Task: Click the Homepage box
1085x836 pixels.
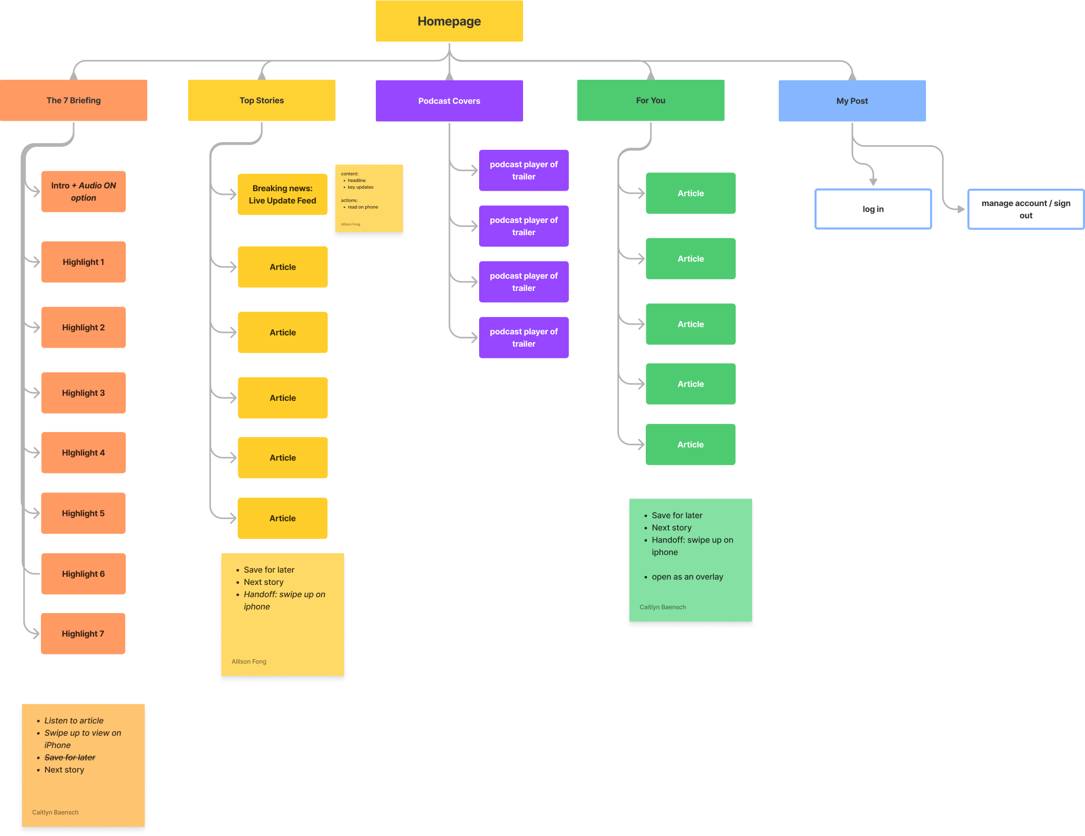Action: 449,21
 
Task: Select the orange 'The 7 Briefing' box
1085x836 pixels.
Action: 74,100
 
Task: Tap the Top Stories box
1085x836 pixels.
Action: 261,100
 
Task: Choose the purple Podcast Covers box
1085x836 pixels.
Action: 449,101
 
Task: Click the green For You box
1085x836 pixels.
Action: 650,100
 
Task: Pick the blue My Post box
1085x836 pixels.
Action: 852,101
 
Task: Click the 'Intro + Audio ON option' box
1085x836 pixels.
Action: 83,191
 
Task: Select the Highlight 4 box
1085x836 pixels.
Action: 83,453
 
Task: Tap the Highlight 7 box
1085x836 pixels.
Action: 83,634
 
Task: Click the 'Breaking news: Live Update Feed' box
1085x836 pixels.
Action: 282,194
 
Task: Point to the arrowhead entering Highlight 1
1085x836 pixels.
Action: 36,262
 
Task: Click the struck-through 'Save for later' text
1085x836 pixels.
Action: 70,757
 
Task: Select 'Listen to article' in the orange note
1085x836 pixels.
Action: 74,720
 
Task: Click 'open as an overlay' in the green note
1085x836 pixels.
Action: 687,577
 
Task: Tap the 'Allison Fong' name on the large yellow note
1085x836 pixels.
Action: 248,661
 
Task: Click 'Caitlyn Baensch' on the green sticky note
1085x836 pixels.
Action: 662,607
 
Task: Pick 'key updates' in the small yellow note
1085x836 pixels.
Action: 360,187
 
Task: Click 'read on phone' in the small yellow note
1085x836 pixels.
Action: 363,207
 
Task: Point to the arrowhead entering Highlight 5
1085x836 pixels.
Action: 36,513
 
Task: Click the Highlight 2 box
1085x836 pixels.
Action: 83,327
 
